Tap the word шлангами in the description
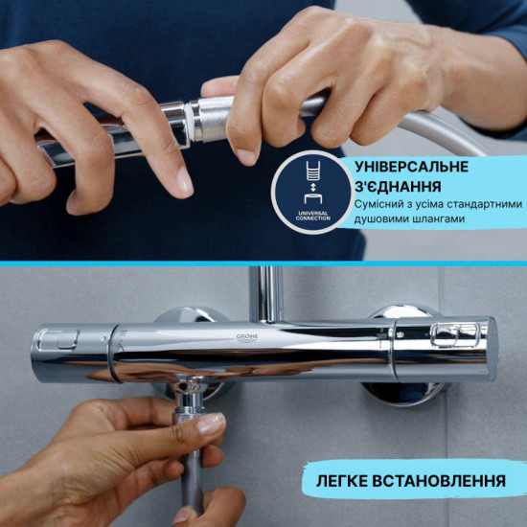click(434, 219)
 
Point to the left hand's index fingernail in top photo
click(182, 179)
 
